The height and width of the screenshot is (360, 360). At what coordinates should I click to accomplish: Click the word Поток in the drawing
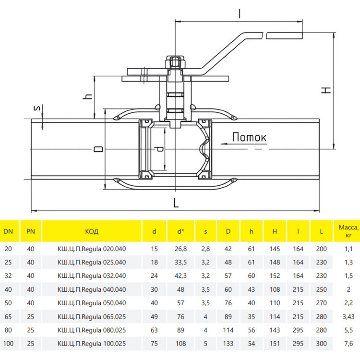(x=249, y=137)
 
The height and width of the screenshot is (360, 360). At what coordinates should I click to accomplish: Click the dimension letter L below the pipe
(x=176, y=203)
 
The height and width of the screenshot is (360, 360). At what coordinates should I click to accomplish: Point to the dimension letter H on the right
(x=326, y=90)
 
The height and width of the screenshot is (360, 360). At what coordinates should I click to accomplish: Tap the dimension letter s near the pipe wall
(x=37, y=108)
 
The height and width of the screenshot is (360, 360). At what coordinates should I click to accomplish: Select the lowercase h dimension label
(x=87, y=96)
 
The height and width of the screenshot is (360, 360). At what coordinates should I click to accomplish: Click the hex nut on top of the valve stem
(x=175, y=62)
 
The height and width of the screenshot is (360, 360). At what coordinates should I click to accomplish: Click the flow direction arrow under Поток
(x=244, y=144)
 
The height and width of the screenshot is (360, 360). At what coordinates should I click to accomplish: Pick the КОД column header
(x=92, y=231)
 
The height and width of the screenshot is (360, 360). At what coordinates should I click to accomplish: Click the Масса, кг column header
(x=348, y=231)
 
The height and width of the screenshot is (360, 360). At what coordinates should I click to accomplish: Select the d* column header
(x=180, y=231)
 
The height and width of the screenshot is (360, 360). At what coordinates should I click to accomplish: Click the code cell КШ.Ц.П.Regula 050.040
(x=92, y=303)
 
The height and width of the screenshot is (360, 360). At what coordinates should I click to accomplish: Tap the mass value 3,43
(x=348, y=317)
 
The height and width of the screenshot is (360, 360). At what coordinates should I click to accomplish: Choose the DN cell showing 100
(x=8, y=344)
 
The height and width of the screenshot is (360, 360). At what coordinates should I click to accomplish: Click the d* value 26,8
(x=180, y=249)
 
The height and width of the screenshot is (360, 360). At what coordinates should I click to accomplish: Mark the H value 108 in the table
(x=275, y=289)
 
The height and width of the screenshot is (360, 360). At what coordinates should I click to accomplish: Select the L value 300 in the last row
(x=322, y=344)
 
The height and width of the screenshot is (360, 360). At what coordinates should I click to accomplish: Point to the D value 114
(x=228, y=330)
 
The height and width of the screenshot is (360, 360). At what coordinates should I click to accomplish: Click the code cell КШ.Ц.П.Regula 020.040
(x=92, y=249)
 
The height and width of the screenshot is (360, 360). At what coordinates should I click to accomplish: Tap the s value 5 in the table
(x=205, y=344)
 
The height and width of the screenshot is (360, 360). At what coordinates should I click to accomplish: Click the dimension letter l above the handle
(x=240, y=13)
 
